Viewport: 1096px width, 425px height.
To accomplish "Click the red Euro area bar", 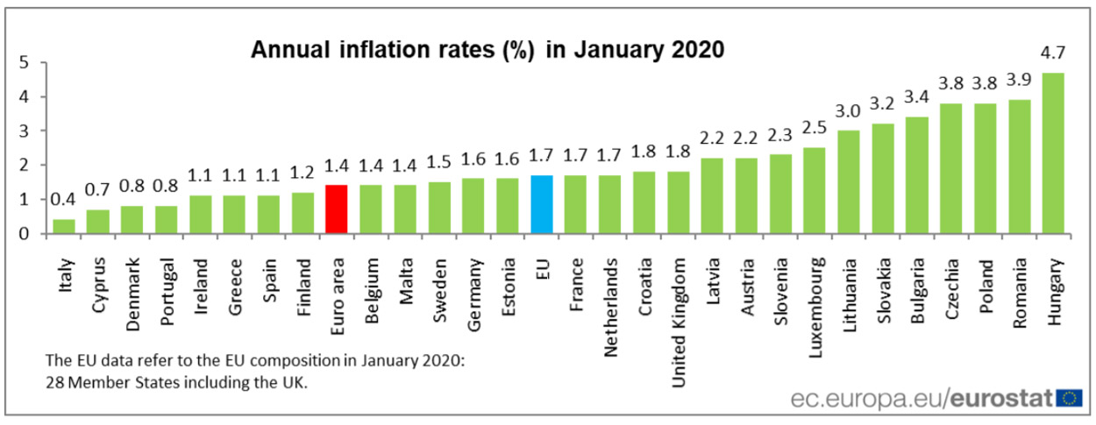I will tap(337, 209).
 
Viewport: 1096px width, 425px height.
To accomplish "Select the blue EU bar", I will tap(542, 204).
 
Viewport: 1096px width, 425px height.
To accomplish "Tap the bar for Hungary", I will tap(1053, 153).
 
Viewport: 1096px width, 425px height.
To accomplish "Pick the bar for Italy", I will tap(63, 226).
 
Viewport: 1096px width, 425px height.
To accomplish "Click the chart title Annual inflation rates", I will tap(488, 49).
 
